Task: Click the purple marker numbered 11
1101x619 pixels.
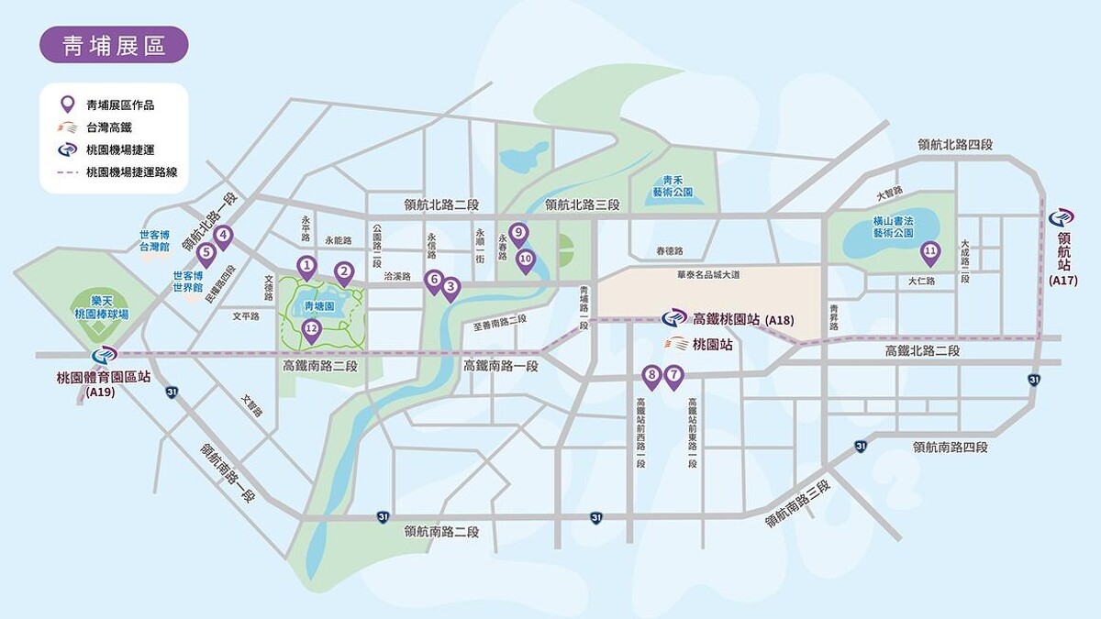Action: [x=930, y=250]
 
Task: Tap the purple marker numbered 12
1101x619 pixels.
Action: [x=311, y=329]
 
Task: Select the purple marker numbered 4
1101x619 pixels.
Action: [x=223, y=236]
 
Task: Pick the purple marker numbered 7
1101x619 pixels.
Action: [x=673, y=375]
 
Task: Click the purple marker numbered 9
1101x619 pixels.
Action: [x=518, y=234]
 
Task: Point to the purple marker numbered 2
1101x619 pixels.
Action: [x=344, y=271]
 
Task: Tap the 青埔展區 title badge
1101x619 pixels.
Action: [x=114, y=45]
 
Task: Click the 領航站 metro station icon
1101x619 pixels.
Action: [x=1062, y=219]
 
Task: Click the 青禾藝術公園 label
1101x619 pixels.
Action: [x=673, y=186]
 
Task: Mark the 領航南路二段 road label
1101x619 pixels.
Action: [x=441, y=531]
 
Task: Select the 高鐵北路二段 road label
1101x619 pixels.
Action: [x=922, y=351]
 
